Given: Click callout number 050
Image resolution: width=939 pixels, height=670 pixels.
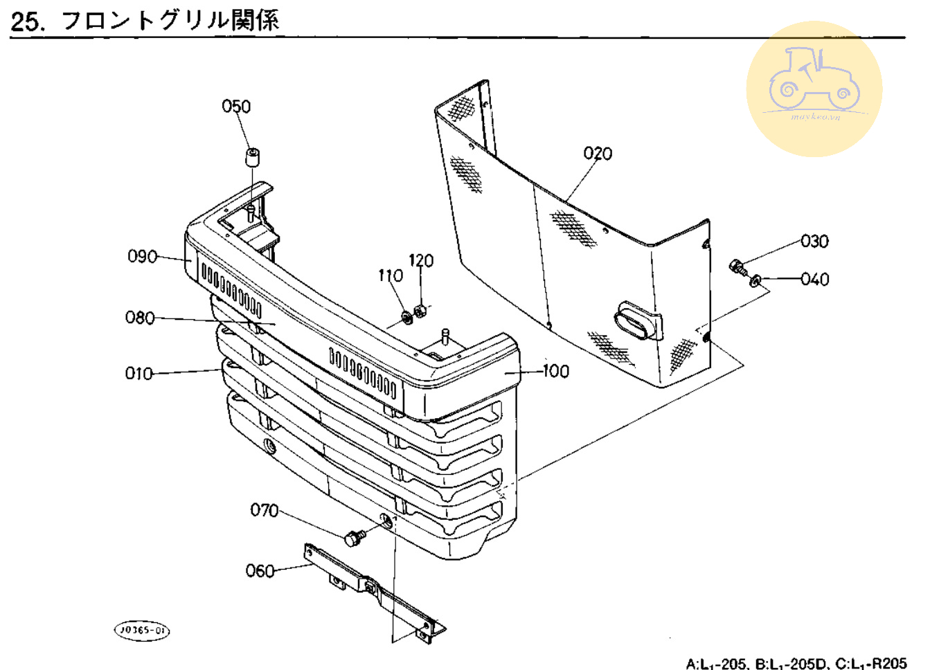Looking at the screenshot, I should (x=236, y=107).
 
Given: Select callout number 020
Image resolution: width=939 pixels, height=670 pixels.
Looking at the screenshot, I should (x=598, y=154).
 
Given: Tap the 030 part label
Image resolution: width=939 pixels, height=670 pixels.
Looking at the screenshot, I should (x=814, y=241).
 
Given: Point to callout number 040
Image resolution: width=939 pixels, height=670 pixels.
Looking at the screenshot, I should (x=814, y=279).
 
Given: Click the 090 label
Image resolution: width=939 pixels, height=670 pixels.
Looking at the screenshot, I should (x=142, y=256).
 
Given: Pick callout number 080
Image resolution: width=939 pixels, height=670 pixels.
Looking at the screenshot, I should (x=140, y=318).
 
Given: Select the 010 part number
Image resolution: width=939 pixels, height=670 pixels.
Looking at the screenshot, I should (x=138, y=374).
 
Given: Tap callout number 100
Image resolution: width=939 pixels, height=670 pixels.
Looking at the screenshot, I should (x=555, y=371).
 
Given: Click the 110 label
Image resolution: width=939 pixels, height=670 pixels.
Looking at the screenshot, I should (x=391, y=275).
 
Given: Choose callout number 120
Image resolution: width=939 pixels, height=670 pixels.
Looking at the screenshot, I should (x=421, y=260).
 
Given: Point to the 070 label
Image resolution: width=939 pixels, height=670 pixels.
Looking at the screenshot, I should (x=264, y=510).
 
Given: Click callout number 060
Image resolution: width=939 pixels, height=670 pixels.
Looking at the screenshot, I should (x=260, y=571).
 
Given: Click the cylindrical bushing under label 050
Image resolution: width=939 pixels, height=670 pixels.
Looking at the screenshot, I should (x=252, y=156).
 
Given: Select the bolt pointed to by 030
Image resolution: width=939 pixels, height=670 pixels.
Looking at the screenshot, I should (x=738, y=267).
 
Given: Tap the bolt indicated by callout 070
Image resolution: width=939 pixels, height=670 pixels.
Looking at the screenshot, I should (x=355, y=537).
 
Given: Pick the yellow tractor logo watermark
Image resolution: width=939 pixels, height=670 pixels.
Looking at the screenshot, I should (x=814, y=89).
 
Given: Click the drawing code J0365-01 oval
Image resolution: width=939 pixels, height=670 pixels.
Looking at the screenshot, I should (x=141, y=631).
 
